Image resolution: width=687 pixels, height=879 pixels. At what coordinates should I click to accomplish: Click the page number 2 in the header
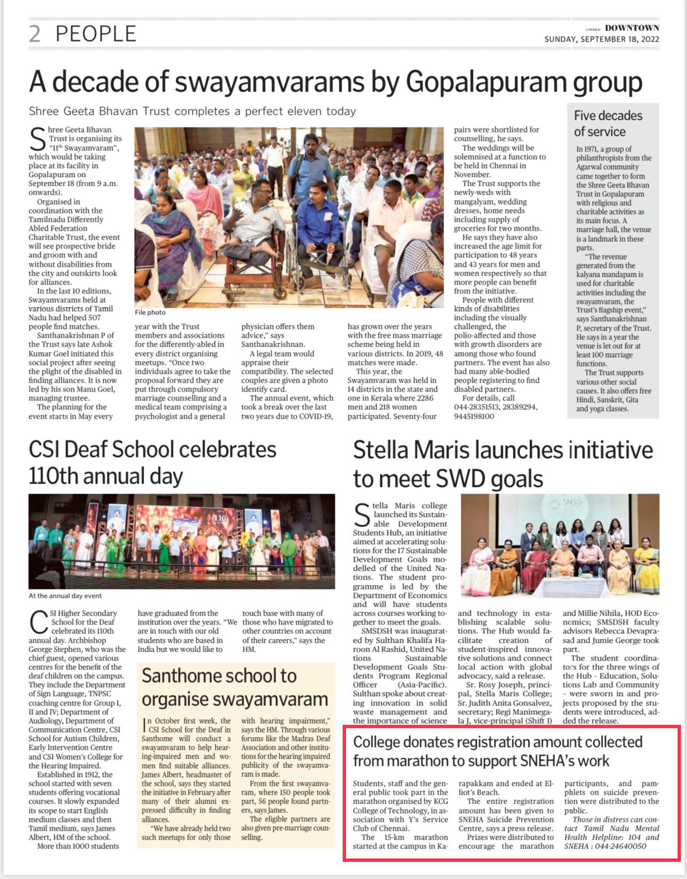[x=35, y=34]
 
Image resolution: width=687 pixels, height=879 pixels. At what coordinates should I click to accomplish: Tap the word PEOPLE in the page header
[x=96, y=34]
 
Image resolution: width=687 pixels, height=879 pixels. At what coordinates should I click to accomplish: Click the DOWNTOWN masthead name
[x=632, y=28]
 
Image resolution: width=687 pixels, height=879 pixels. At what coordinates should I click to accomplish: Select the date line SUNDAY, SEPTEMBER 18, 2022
[x=602, y=39]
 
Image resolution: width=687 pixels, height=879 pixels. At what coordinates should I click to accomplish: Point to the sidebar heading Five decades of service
[x=608, y=124]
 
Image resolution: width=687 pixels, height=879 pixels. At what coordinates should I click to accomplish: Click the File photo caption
[x=150, y=313]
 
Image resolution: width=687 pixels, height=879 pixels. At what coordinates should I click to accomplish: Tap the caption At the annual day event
[x=65, y=596]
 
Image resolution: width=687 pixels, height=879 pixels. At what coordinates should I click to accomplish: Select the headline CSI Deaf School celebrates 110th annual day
[x=152, y=463]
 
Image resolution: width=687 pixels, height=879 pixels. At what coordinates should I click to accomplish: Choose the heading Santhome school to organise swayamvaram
[x=235, y=687]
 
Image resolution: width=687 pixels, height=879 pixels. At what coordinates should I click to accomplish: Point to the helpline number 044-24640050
[x=620, y=846]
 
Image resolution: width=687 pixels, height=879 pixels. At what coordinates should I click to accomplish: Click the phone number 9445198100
[x=474, y=416]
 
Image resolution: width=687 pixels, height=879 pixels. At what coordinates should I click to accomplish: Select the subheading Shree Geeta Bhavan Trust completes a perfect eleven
[x=192, y=111]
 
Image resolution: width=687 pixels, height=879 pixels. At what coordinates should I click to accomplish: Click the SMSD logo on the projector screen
[x=572, y=502]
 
